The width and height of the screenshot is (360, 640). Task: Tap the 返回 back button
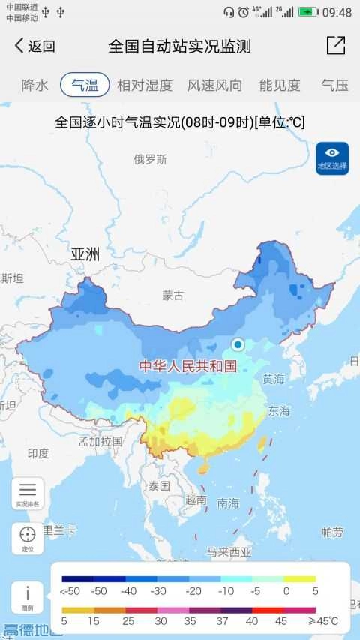[x=34, y=47]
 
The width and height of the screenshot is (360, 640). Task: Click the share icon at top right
[x=336, y=46]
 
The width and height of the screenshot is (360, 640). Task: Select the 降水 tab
[x=34, y=85]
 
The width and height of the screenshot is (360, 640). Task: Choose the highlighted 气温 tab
[x=85, y=85]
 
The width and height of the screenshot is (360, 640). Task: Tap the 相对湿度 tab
[x=145, y=85]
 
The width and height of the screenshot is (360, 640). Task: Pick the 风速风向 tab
[x=214, y=85]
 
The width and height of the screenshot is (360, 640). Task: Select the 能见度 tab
[x=280, y=85]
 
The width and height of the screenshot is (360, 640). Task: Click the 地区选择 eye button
[x=332, y=158]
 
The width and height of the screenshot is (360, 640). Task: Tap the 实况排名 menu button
[x=28, y=494]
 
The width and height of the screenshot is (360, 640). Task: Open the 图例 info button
[x=28, y=597]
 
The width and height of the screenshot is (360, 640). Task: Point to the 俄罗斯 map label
[x=151, y=159]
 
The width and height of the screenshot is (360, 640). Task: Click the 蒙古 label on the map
[x=173, y=296]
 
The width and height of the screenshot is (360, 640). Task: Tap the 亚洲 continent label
[x=85, y=254]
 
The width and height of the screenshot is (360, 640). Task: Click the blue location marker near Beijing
[x=238, y=344]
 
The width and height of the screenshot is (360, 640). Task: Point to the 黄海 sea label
[x=274, y=380]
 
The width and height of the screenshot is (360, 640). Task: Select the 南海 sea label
[x=228, y=503]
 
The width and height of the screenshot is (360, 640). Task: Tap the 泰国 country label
[x=159, y=486]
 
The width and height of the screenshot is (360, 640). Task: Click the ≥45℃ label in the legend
[x=323, y=621]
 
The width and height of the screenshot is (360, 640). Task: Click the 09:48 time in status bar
[x=336, y=12]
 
